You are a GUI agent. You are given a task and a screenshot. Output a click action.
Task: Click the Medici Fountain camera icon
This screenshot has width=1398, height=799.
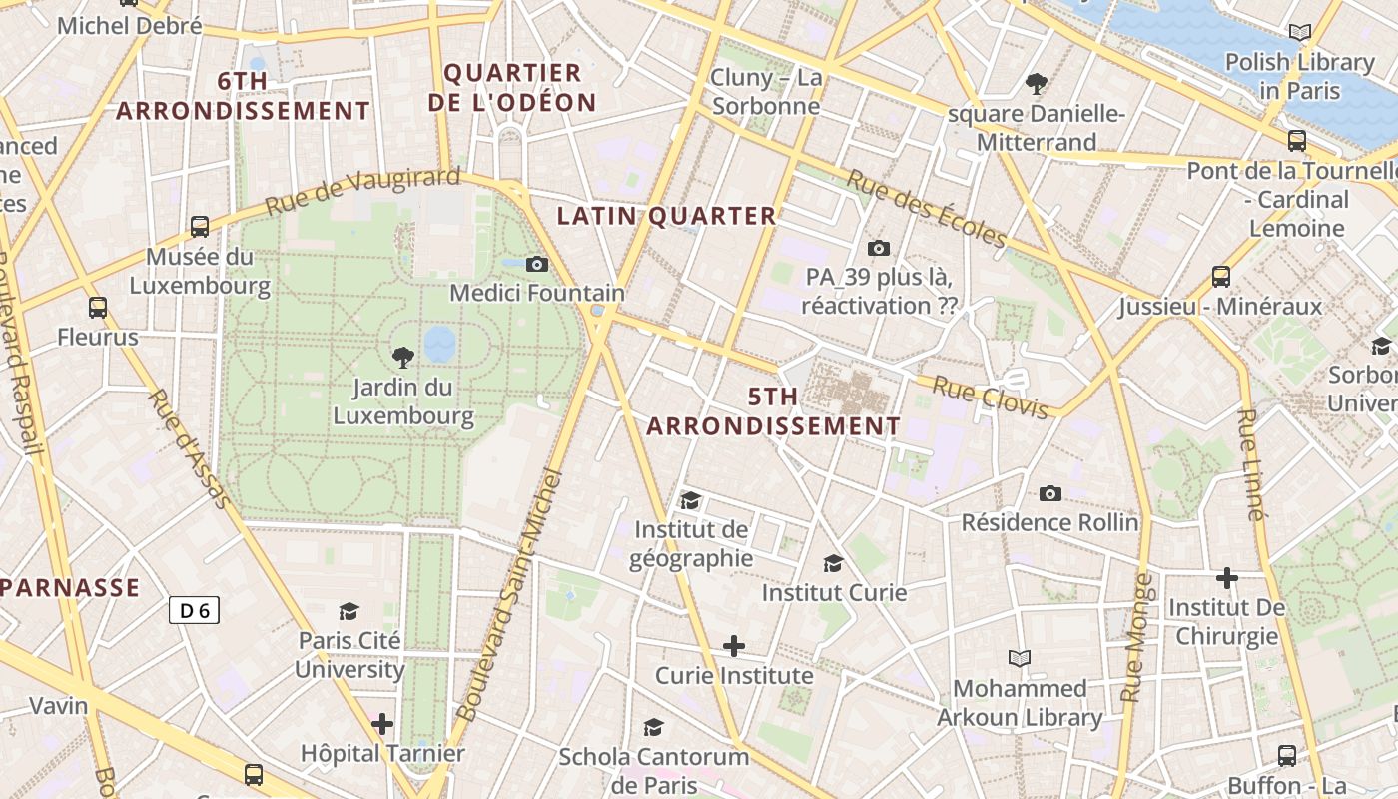click(537, 265)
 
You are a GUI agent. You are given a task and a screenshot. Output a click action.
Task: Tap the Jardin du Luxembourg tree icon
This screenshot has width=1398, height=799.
click(402, 357)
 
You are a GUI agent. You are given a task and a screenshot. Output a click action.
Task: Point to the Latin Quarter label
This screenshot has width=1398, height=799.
click(666, 216)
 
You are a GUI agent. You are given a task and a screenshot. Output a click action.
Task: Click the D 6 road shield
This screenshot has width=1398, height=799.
click(193, 610)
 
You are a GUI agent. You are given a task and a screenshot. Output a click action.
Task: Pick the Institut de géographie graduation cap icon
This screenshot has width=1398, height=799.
click(690, 500)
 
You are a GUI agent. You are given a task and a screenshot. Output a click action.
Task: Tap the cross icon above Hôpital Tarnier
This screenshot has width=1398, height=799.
click(381, 724)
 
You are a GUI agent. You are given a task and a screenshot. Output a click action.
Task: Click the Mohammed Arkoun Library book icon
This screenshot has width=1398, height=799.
click(1019, 659)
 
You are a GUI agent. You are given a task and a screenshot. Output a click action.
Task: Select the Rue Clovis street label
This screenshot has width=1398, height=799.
click(991, 397)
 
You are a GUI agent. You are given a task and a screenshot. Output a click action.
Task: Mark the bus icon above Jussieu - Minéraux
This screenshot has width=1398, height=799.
click(1220, 277)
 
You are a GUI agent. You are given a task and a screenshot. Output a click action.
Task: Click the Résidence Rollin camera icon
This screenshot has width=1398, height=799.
click(1049, 493)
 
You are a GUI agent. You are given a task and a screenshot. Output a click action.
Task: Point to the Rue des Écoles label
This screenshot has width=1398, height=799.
click(926, 208)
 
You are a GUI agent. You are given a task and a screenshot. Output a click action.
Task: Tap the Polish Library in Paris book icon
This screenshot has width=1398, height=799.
click(1299, 33)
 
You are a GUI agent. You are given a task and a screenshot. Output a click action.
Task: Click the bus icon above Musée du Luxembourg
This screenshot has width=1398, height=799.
click(200, 227)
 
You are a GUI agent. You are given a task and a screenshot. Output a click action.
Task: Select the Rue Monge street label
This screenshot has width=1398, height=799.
click(1137, 638)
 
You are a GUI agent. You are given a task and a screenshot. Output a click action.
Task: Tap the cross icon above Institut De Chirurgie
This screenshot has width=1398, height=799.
click(1226, 578)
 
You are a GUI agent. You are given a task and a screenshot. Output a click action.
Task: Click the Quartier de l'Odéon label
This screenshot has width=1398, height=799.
click(512, 87)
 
